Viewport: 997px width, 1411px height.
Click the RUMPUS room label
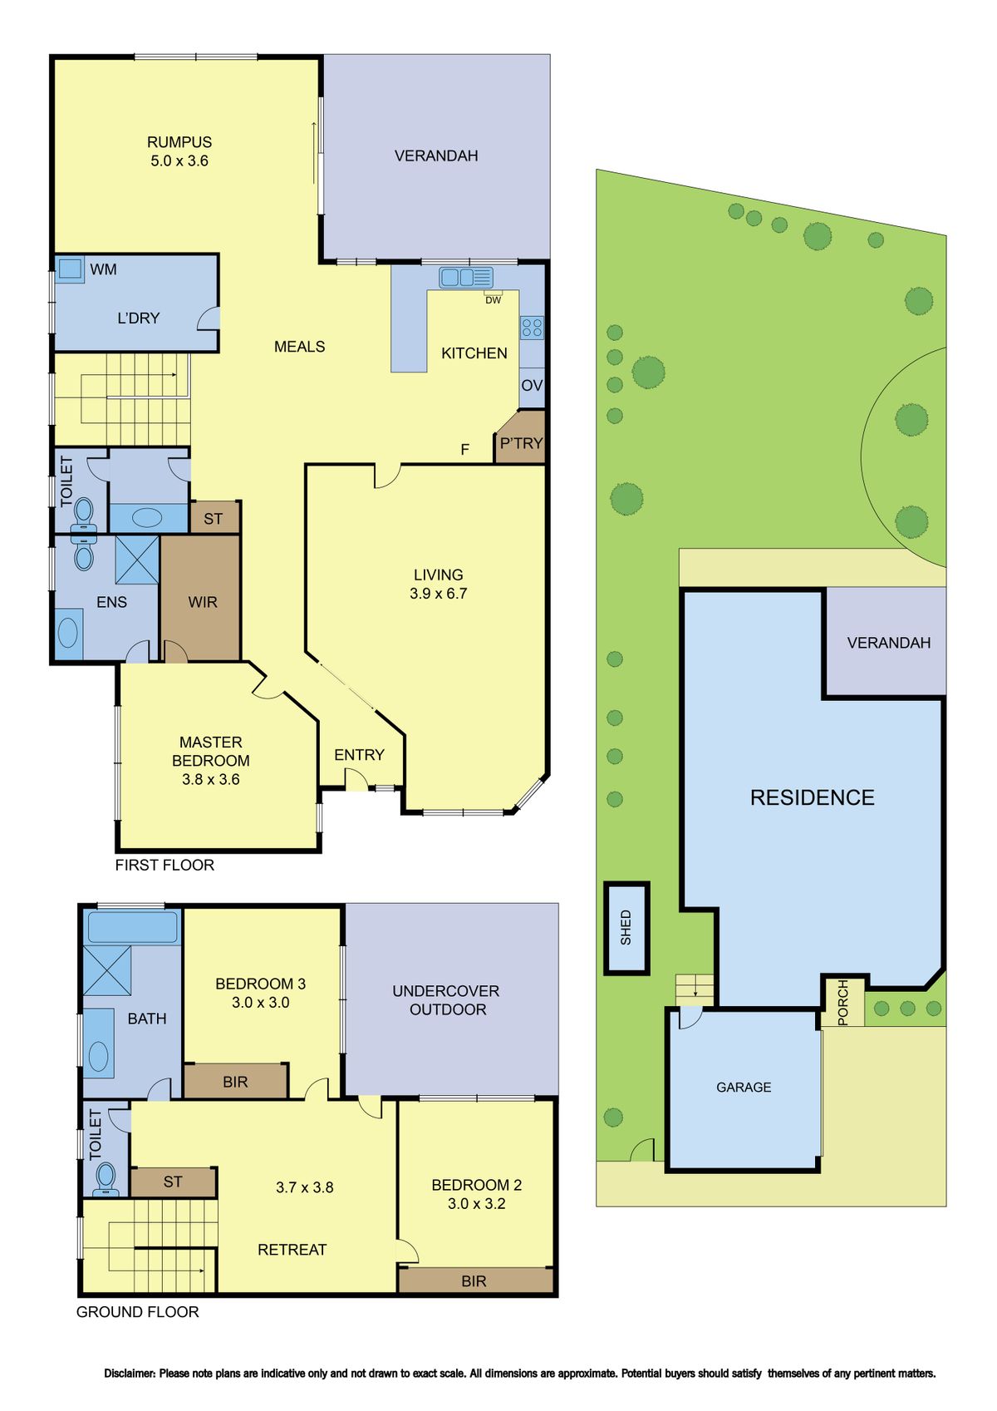coord(179,142)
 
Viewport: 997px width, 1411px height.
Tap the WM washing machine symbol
coord(70,269)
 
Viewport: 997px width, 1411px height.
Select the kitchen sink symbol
coord(466,277)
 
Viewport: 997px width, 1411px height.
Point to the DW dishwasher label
coord(493,300)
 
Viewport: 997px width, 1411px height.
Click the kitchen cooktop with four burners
coord(531,327)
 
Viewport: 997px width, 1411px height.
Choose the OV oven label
coord(532,386)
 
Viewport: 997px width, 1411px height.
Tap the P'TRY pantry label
coord(521,443)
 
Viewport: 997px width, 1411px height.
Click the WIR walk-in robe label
coord(203,602)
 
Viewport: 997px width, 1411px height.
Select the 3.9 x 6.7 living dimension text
coord(438,594)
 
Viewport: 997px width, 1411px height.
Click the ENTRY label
coord(359,755)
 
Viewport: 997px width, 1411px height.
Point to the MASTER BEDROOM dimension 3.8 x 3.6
coord(211,779)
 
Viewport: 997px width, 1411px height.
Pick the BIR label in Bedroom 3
coord(235,1083)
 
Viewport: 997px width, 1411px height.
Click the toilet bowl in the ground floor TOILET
coord(106,1176)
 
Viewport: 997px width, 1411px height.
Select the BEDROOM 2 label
coord(476,1185)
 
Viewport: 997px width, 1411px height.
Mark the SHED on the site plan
coord(626,928)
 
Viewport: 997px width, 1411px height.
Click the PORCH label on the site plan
coord(842,1002)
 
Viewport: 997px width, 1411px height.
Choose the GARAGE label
coord(744,1088)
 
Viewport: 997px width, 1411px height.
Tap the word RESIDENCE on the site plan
coord(812,798)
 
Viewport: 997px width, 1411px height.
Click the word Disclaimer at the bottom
coord(130,1374)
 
